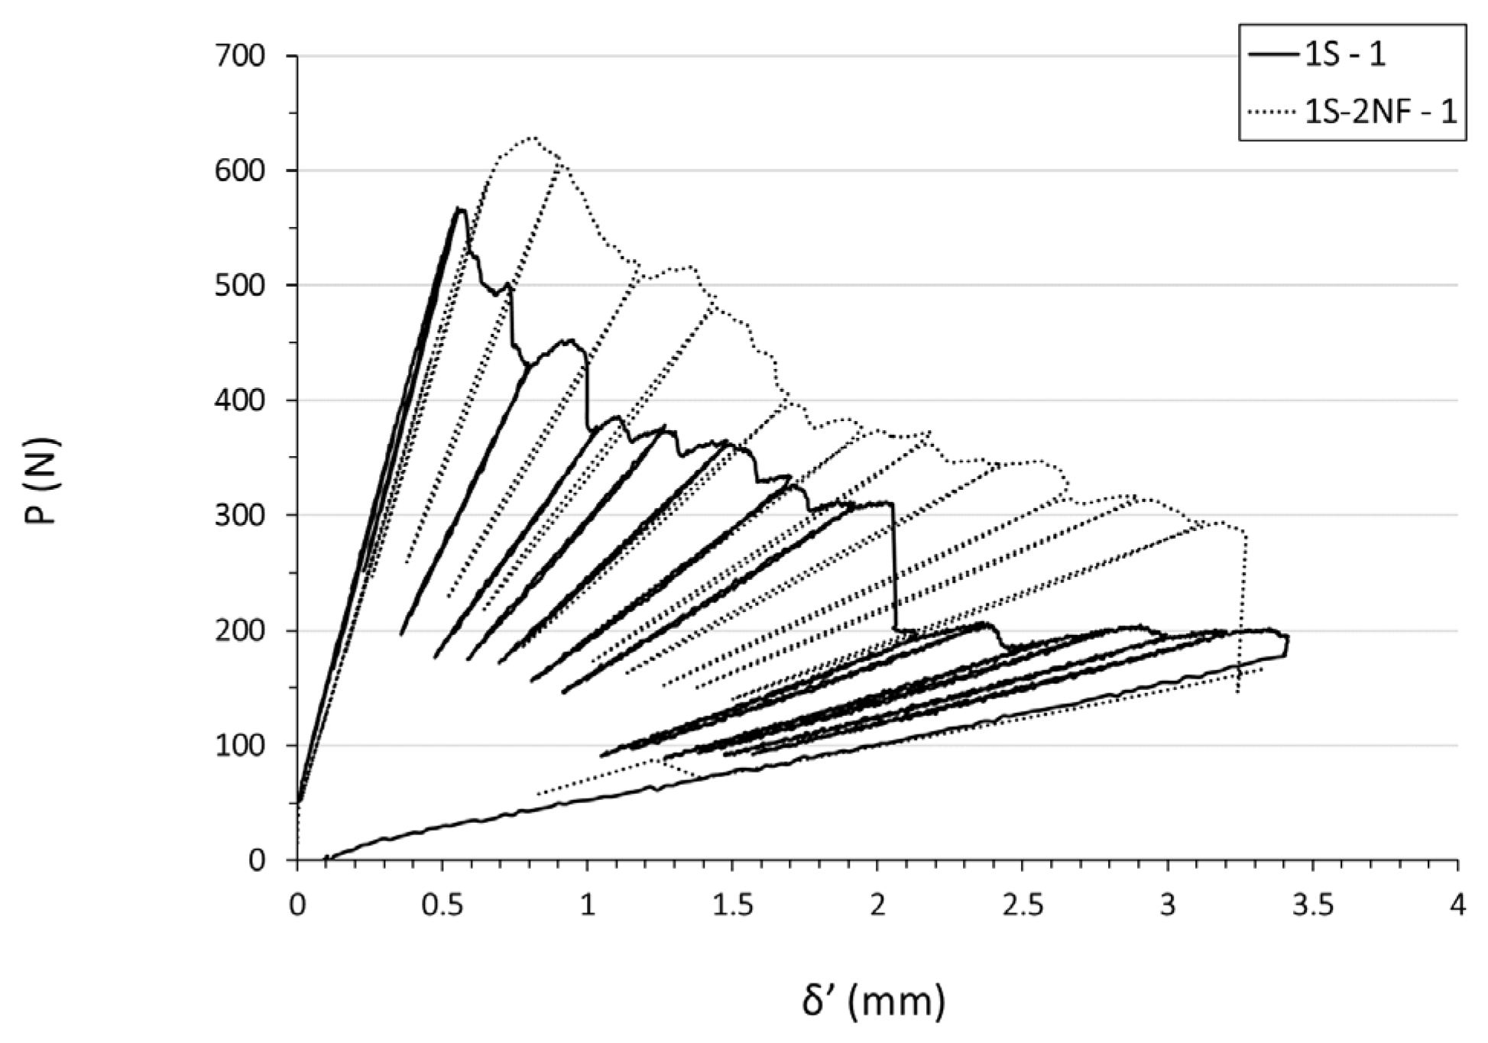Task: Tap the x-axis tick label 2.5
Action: tap(1023, 907)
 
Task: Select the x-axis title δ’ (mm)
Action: tap(873, 1001)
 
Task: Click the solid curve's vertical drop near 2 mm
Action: tap(893, 565)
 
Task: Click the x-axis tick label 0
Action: tap(297, 907)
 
